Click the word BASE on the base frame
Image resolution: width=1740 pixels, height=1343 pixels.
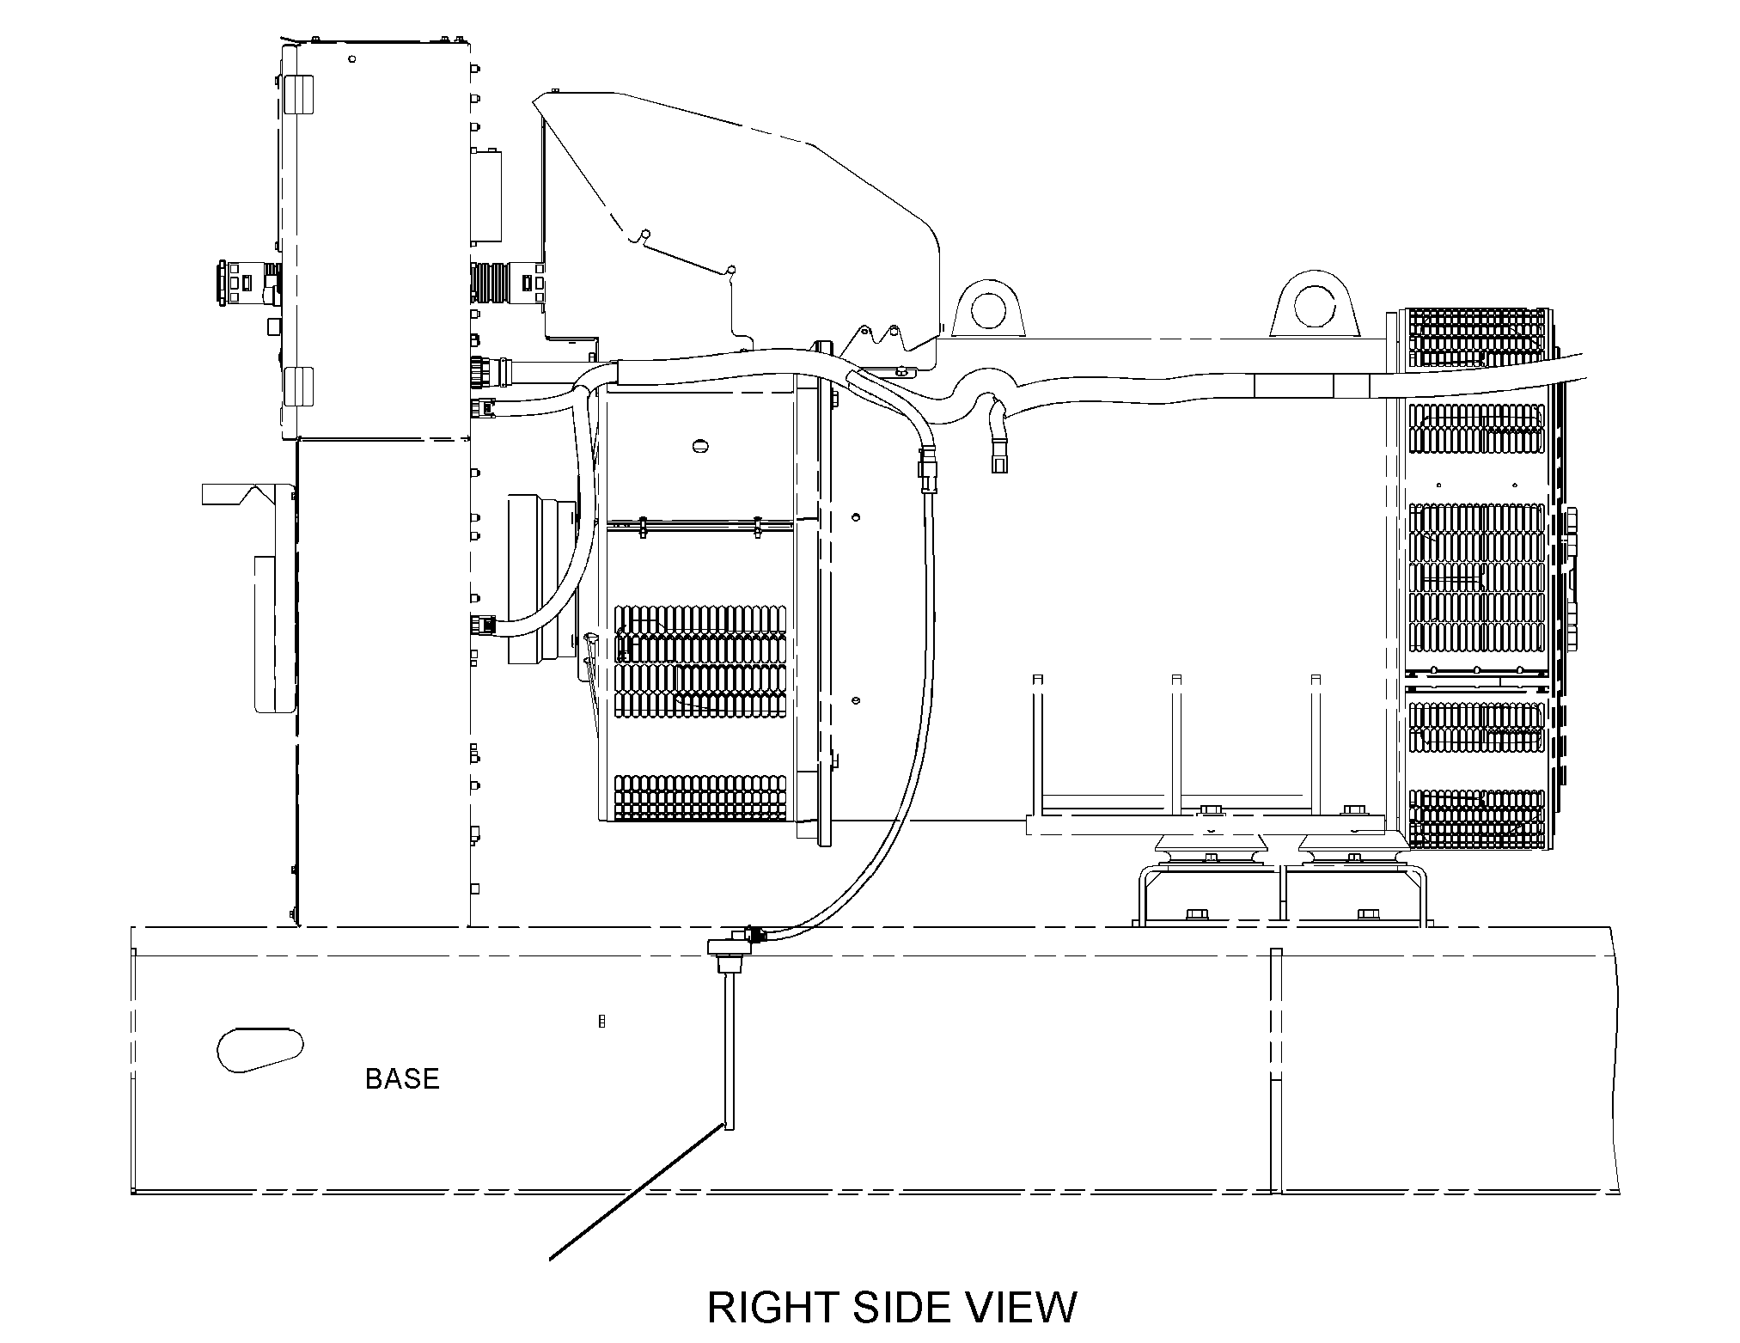[402, 1078]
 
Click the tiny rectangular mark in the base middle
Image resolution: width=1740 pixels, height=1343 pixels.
[601, 1021]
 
